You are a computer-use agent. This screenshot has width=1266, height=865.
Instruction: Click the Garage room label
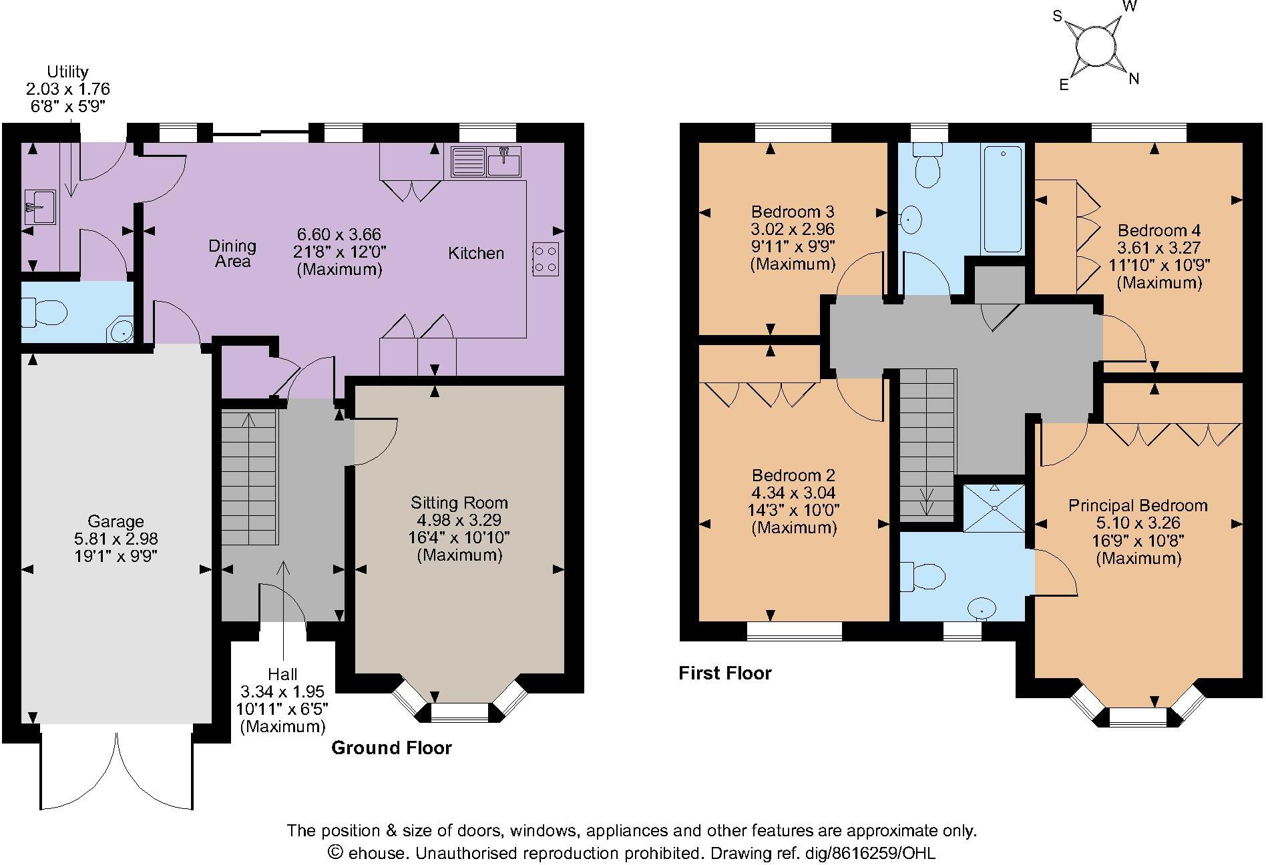pyautogui.click(x=116, y=521)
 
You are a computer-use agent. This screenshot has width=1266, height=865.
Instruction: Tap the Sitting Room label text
pyautogui.click(x=459, y=503)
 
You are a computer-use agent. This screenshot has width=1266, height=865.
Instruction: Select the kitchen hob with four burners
pyautogui.click(x=546, y=259)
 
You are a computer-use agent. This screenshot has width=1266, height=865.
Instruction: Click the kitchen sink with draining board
pyautogui.click(x=485, y=162)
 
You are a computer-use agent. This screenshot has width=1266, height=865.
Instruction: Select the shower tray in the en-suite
pyautogui.click(x=994, y=508)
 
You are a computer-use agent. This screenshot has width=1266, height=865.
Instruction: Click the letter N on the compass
pyautogui.click(x=1133, y=79)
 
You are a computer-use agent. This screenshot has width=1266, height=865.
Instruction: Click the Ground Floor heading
pyautogui.click(x=391, y=748)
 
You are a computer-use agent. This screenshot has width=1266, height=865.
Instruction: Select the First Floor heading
pyautogui.click(x=725, y=673)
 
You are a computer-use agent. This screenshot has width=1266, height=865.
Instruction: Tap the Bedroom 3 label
pyautogui.click(x=793, y=212)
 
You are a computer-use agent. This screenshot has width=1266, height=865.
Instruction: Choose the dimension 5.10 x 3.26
pyautogui.click(x=1138, y=523)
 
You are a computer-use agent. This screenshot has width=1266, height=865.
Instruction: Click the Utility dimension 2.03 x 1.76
pyautogui.click(x=67, y=89)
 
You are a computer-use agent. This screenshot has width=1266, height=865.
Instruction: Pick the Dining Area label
pyautogui.click(x=232, y=254)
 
